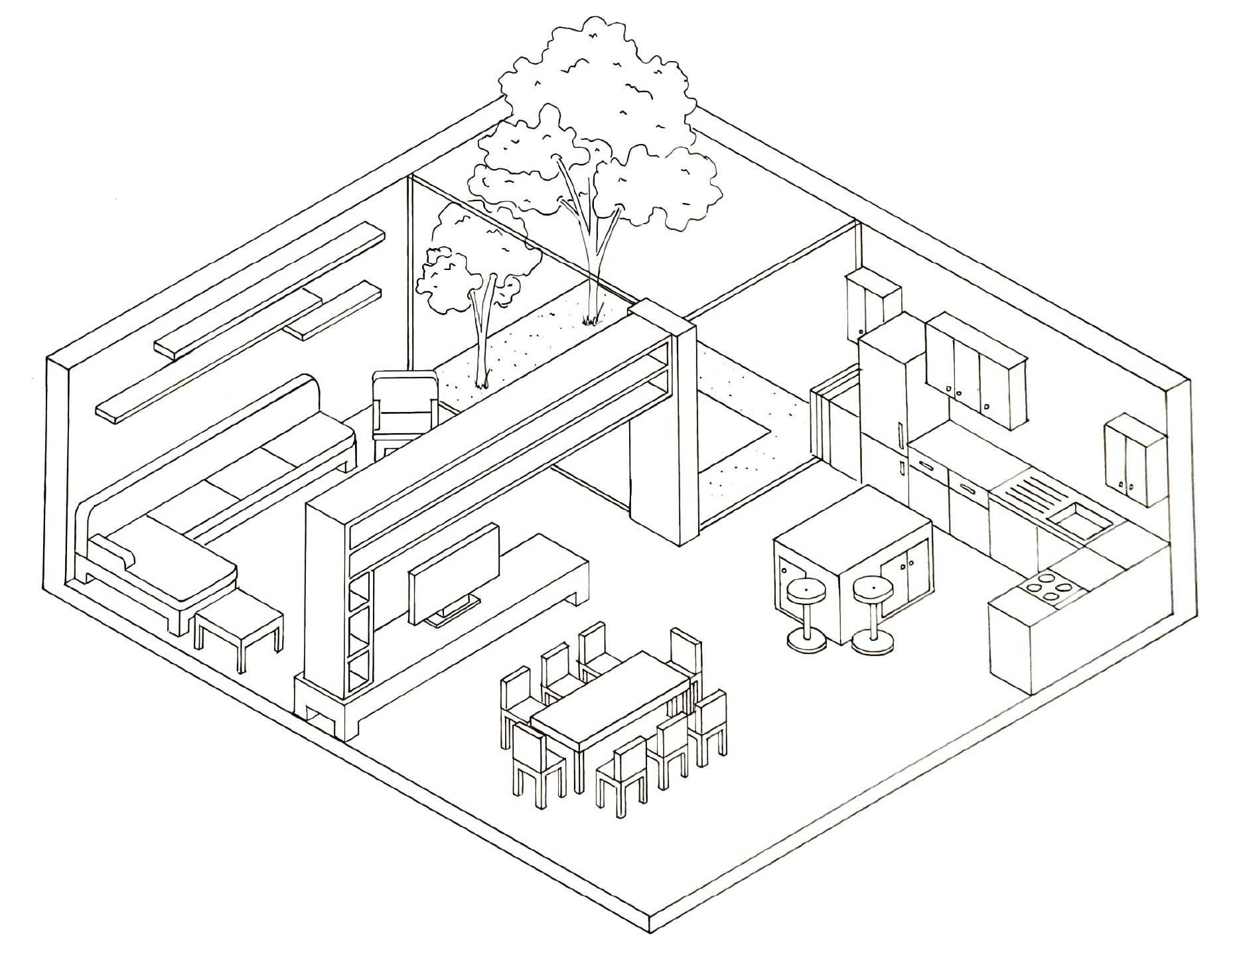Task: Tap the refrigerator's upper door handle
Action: click(899, 435)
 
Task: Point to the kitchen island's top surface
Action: click(853, 524)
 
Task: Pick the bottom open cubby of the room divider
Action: click(358, 673)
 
